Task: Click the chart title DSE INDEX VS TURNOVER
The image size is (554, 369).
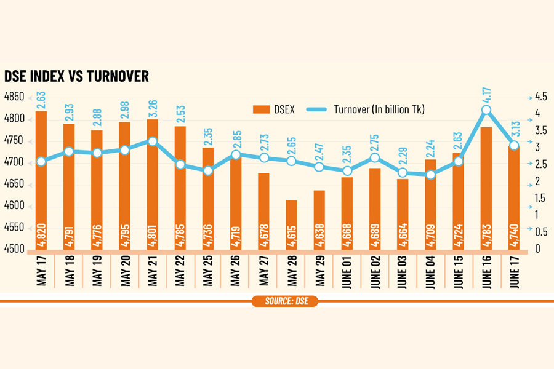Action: tap(76, 76)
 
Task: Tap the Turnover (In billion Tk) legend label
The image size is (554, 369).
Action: tap(379, 109)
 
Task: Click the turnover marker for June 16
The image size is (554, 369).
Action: tap(486, 110)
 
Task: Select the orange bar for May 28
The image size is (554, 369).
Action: tap(291, 224)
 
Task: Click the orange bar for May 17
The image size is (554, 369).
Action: tap(41, 178)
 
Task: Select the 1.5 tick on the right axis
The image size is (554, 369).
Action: tap(538, 198)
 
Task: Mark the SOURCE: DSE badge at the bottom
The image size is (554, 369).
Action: tap(284, 301)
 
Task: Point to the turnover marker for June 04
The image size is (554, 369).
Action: tap(430, 175)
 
